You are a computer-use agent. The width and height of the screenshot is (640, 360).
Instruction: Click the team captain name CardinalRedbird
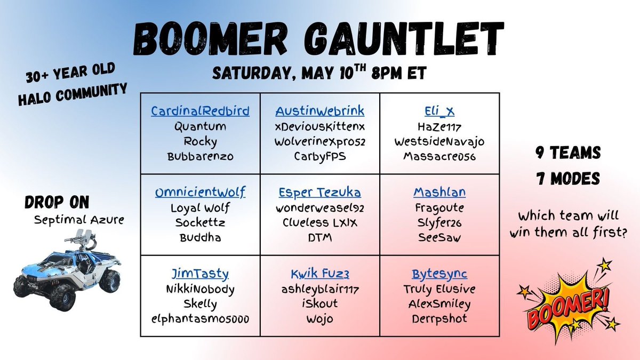click(200, 111)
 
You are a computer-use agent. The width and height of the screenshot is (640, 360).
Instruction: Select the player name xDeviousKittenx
click(319, 127)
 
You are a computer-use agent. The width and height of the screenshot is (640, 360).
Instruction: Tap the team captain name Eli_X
click(439, 111)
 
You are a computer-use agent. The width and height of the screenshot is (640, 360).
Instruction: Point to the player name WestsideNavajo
click(439, 142)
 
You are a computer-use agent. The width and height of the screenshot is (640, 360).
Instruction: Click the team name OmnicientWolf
click(200, 193)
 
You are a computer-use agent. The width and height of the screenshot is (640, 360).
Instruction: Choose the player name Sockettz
click(200, 223)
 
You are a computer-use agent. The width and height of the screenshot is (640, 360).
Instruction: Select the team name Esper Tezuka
click(319, 193)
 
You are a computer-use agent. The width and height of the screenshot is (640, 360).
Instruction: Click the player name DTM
click(319, 238)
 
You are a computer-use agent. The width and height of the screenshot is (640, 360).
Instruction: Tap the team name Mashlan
click(439, 193)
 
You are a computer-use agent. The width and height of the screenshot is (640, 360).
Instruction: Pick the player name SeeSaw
click(439, 238)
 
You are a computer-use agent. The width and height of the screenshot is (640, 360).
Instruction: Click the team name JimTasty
click(200, 274)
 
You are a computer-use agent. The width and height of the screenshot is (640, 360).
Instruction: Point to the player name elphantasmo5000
click(200, 319)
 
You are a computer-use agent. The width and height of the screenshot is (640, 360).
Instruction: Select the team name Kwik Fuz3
click(319, 274)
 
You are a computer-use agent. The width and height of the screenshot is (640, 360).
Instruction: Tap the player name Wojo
click(319, 319)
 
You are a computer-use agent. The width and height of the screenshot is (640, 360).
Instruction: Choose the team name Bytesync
click(439, 274)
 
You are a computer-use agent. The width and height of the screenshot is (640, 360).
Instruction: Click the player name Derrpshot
click(439, 319)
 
